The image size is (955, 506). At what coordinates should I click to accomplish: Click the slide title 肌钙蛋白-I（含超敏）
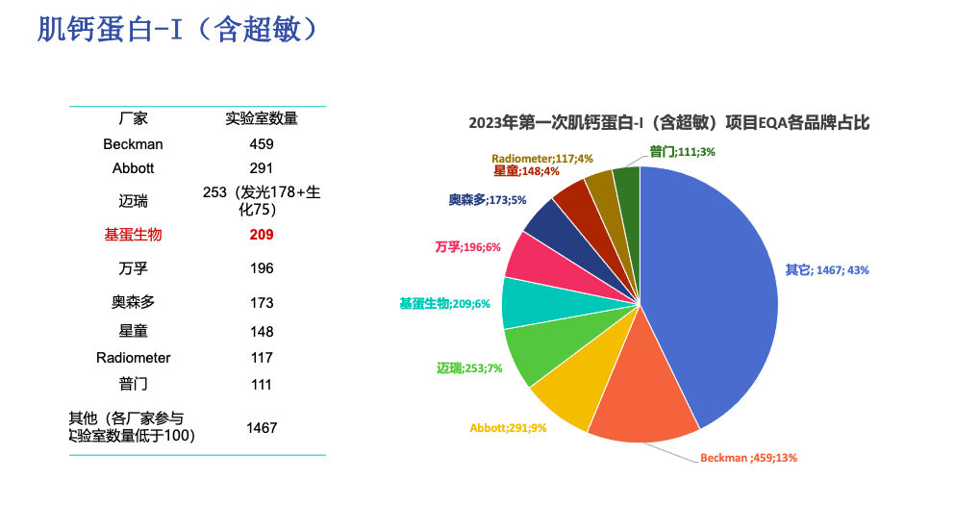point(177,30)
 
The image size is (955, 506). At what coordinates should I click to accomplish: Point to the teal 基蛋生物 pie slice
point(527,301)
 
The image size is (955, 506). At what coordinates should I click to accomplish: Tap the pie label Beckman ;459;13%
point(748,458)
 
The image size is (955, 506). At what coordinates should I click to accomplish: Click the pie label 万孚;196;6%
point(468,247)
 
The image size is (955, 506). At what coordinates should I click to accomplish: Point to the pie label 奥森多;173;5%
point(487,200)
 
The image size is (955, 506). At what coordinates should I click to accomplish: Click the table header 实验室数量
point(262,119)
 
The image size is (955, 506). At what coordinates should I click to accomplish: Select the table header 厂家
point(133,119)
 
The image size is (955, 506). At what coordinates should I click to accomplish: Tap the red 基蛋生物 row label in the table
point(133,235)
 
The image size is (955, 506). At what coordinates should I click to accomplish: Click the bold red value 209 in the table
point(262,235)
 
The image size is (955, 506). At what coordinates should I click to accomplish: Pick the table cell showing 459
point(262,144)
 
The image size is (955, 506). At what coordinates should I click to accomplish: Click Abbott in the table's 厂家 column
point(133,168)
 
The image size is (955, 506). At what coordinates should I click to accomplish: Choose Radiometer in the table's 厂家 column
point(133,358)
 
